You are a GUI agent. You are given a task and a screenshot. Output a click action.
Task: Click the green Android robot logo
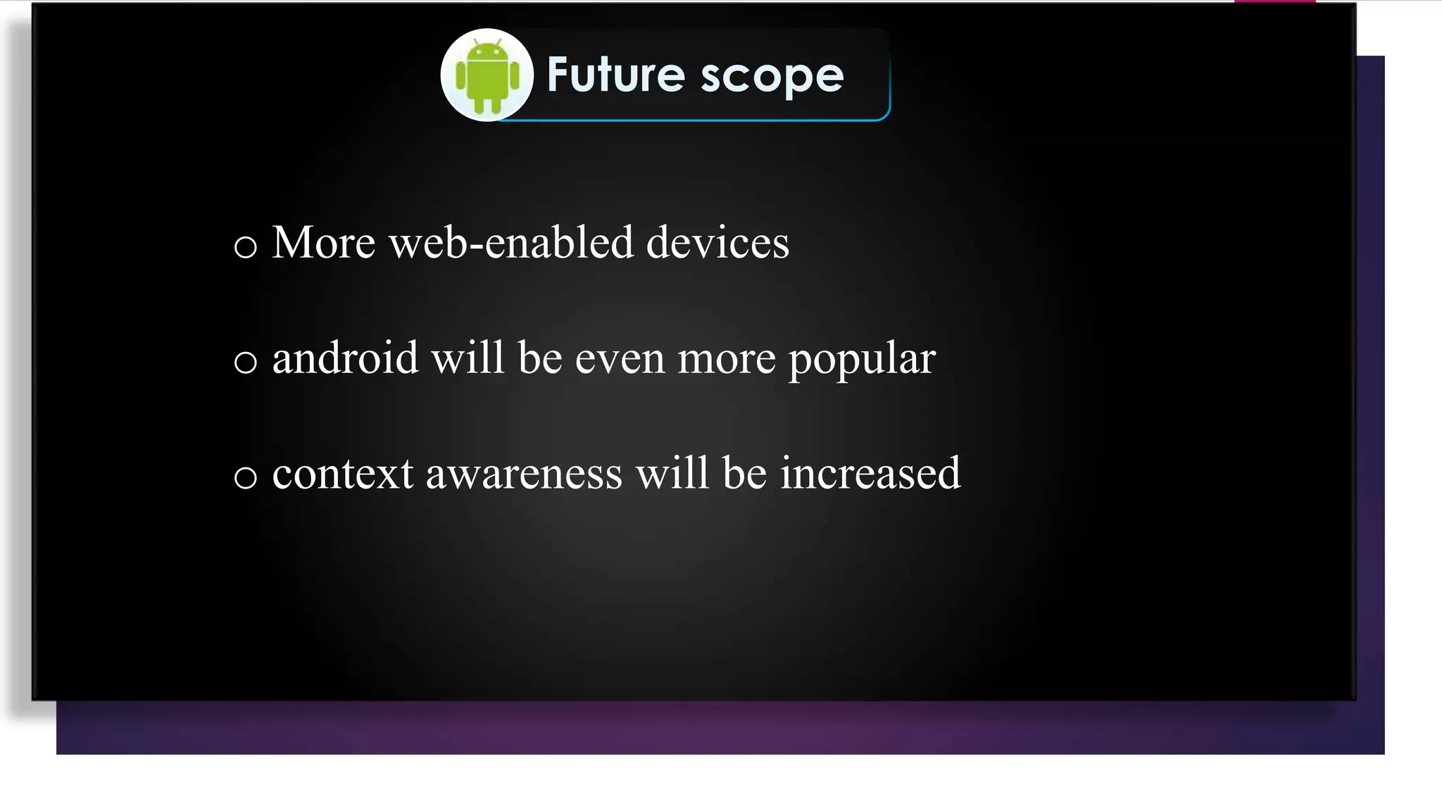tap(487, 76)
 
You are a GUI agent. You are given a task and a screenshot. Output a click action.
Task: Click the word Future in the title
tap(615, 75)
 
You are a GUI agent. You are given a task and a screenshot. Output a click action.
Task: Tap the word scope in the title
tap(772, 76)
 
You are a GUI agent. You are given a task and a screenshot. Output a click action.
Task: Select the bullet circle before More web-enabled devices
tap(245, 247)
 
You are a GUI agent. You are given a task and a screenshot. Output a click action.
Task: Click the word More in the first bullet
tap(323, 243)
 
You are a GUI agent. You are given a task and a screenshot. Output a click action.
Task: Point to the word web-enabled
tap(511, 243)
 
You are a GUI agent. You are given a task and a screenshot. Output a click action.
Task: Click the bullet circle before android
tap(245, 363)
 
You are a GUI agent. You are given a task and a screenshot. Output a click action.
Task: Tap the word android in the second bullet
tap(345, 358)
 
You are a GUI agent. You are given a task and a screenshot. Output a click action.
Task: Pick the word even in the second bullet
tap(620, 359)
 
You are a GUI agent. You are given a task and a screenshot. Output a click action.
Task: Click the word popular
tap(862, 360)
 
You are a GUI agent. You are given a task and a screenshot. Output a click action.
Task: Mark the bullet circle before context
tap(245, 478)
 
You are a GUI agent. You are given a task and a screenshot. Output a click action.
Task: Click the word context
tap(342, 474)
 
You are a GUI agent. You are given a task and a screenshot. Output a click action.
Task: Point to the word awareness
tap(524, 474)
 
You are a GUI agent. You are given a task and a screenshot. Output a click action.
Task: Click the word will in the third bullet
tap(672, 473)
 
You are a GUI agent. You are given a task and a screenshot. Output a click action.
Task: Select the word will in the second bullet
tap(468, 358)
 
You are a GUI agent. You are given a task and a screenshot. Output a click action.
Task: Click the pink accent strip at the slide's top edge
tap(1274, 1)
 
